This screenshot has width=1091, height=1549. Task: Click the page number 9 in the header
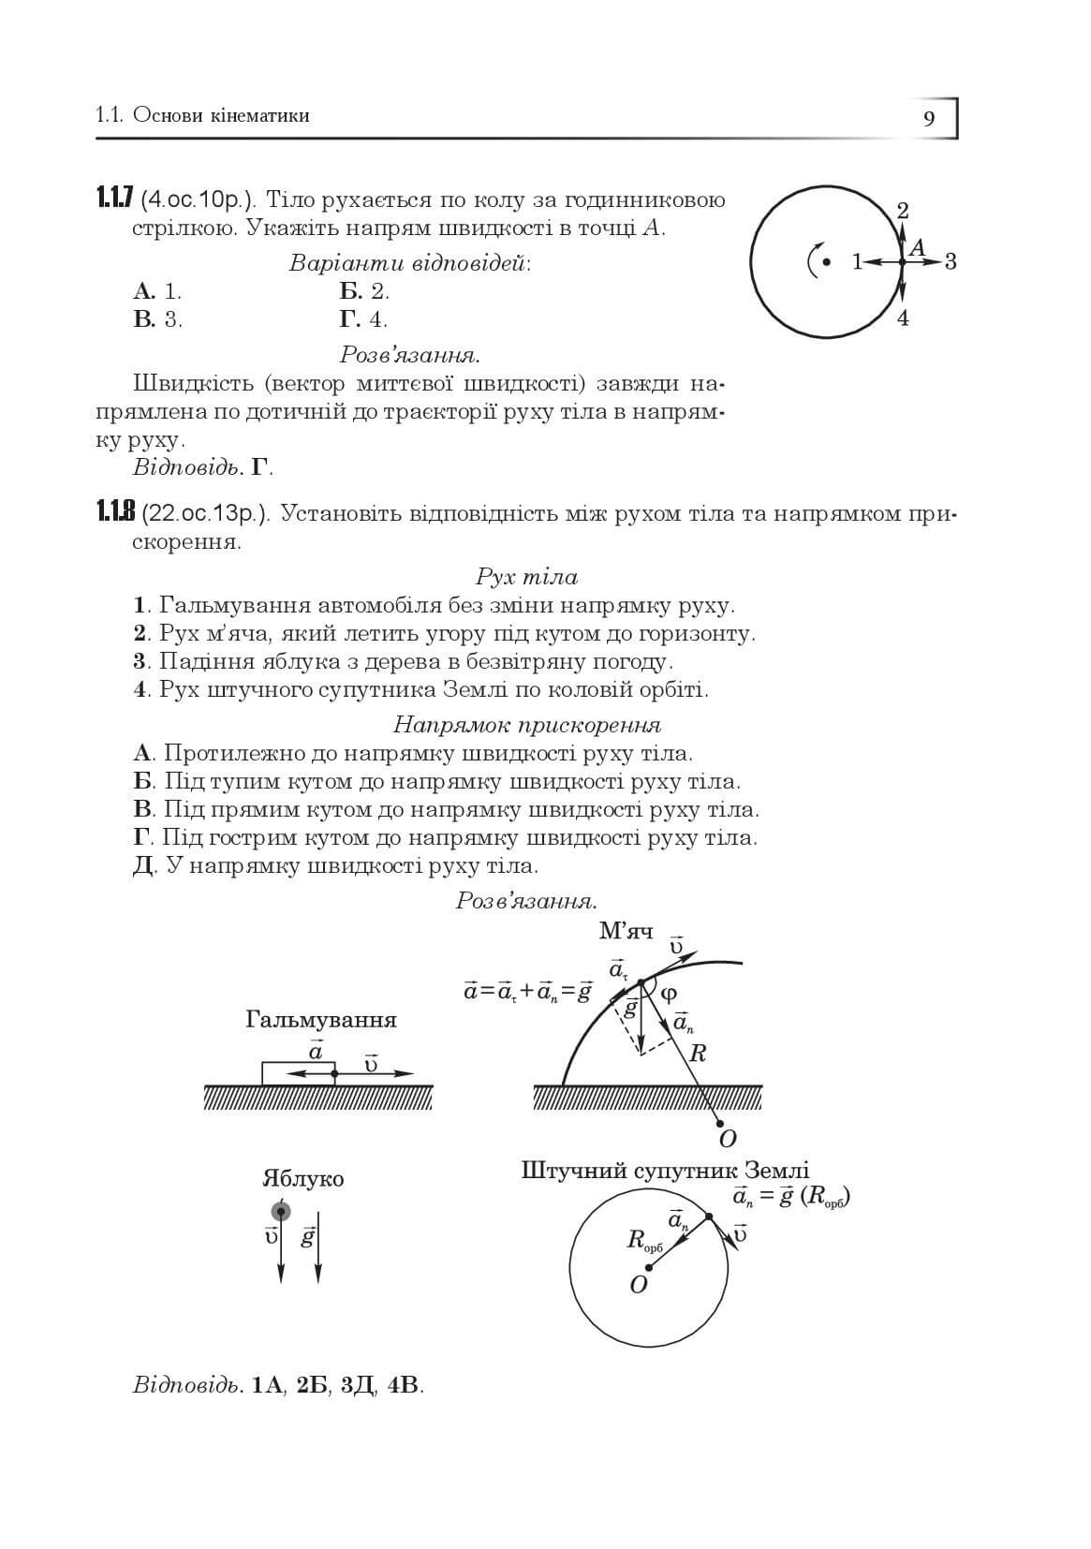[928, 119]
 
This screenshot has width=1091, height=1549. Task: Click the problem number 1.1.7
[115, 199]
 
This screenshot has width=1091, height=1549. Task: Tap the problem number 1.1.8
[115, 512]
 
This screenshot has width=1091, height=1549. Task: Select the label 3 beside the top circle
[951, 261]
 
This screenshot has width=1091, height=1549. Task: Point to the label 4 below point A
[903, 318]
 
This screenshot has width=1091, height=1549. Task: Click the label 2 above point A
[903, 211]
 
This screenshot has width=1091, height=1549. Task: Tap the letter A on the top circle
[918, 247]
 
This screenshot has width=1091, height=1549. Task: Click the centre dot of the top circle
[826, 262]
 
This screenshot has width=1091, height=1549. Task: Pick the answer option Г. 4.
[363, 319]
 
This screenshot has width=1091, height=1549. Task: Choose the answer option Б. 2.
[364, 290]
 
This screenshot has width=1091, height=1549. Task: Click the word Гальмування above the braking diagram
[321, 1020]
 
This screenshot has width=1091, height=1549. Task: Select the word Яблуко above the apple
[302, 1179]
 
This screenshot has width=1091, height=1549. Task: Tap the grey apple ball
[281, 1210]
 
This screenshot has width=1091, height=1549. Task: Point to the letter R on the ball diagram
[697, 1054]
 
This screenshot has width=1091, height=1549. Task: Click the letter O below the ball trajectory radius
[728, 1139]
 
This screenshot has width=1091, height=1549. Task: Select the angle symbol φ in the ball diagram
[669, 995]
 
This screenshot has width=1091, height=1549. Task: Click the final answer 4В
[405, 1385]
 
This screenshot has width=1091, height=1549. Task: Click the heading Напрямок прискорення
[526, 725]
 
